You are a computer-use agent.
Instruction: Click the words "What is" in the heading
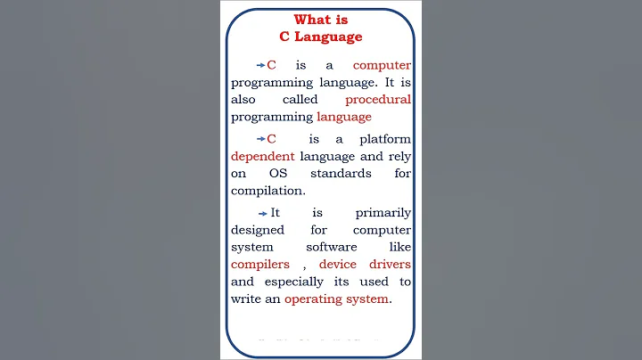[321, 20]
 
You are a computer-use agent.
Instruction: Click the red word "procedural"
[377, 99]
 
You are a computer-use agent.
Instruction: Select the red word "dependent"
[262, 156]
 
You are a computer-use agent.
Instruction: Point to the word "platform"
[385, 139]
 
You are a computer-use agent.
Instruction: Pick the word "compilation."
[267, 190]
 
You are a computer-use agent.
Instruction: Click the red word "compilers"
[260, 264]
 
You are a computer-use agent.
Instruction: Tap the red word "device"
[338, 264]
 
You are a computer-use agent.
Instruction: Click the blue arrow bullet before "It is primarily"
[262, 214]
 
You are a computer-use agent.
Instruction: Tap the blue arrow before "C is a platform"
[260, 140]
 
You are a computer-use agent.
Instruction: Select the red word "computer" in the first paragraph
[382, 65]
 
